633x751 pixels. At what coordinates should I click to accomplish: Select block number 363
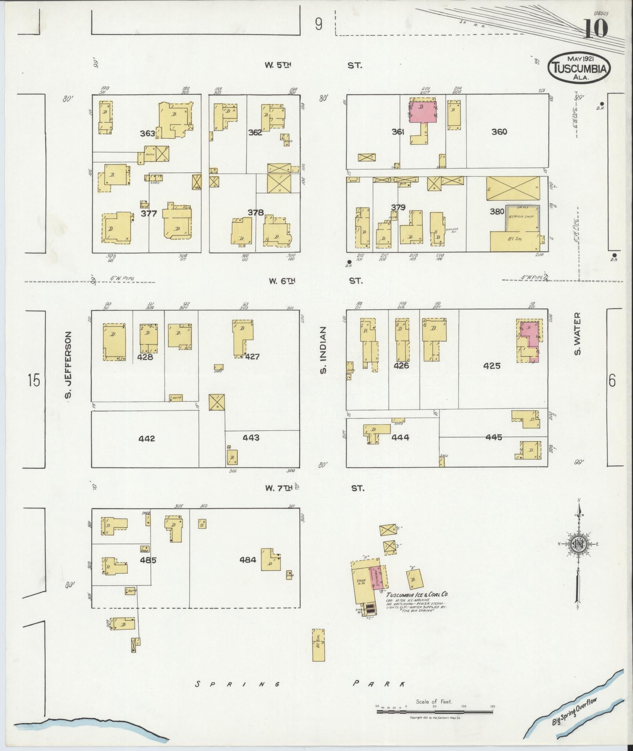148,133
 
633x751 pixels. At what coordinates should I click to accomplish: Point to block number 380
497,212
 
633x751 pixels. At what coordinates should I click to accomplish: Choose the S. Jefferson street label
68,368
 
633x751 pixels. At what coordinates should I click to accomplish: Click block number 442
146,438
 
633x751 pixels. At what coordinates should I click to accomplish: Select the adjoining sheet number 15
34,380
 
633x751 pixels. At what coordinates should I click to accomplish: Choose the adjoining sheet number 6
612,381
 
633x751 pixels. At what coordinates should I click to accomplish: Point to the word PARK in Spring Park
379,684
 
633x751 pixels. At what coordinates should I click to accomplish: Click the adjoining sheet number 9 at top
318,25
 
